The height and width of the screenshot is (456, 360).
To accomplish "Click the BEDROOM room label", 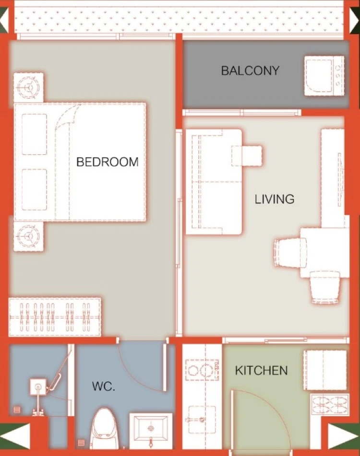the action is pos(108,162).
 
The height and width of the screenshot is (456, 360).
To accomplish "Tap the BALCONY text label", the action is pos(250,70).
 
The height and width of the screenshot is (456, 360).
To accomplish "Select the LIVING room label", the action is pos(275,199).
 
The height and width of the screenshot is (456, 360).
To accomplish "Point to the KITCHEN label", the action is pos(261,371).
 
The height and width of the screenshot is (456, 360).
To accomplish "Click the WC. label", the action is pos(104,386).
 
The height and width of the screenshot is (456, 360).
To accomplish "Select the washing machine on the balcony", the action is pos(324,76).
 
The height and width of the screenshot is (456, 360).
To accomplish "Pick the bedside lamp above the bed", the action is pos(28,87).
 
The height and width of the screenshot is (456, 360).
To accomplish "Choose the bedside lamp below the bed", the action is pos(28,235).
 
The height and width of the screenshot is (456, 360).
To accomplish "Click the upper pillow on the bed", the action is pos(35,134).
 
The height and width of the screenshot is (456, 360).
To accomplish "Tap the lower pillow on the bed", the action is pos(35,189).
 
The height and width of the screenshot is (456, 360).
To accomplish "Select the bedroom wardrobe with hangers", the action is pos(55,317).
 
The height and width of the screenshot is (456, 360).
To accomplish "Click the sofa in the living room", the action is pos(214,182).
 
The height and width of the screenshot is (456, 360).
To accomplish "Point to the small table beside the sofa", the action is pos(247,155).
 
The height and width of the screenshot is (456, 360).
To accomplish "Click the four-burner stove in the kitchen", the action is pos(330,405).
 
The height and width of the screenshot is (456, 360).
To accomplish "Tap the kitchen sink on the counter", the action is pos(202,420).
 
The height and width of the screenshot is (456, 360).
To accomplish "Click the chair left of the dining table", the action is pos(290,252).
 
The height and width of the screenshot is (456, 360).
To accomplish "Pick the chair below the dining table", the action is pos(325,287).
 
